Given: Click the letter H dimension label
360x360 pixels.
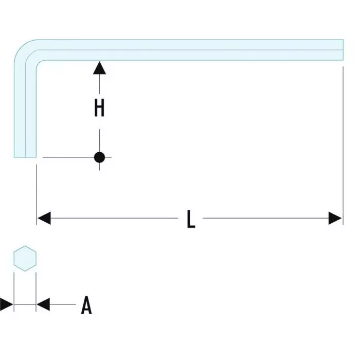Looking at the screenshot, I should click(x=99, y=108).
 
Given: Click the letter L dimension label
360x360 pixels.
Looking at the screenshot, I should click(x=191, y=220).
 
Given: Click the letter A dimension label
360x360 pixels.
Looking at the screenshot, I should click(x=86, y=305).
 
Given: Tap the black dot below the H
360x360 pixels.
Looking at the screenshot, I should click(x=99, y=157).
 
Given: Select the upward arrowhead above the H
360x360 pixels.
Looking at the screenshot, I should click(x=99, y=67).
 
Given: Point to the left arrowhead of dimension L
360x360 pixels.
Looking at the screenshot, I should click(x=44, y=219).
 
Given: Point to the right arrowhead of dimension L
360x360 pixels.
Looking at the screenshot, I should click(x=335, y=219).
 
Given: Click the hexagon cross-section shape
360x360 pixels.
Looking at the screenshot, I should click(x=25, y=259).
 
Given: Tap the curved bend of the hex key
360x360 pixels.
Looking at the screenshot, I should click(x=26, y=51).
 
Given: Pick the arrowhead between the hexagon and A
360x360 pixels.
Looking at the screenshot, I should click(x=43, y=304).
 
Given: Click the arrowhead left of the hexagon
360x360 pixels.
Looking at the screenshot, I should click(x=7, y=304).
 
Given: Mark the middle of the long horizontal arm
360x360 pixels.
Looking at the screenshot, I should click(x=190, y=49).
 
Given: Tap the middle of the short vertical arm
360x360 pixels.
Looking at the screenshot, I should click(x=25, y=108).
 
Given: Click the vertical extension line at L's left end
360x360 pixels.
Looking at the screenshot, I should click(x=37, y=190).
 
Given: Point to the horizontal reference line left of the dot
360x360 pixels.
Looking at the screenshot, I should click(x=67, y=157).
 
